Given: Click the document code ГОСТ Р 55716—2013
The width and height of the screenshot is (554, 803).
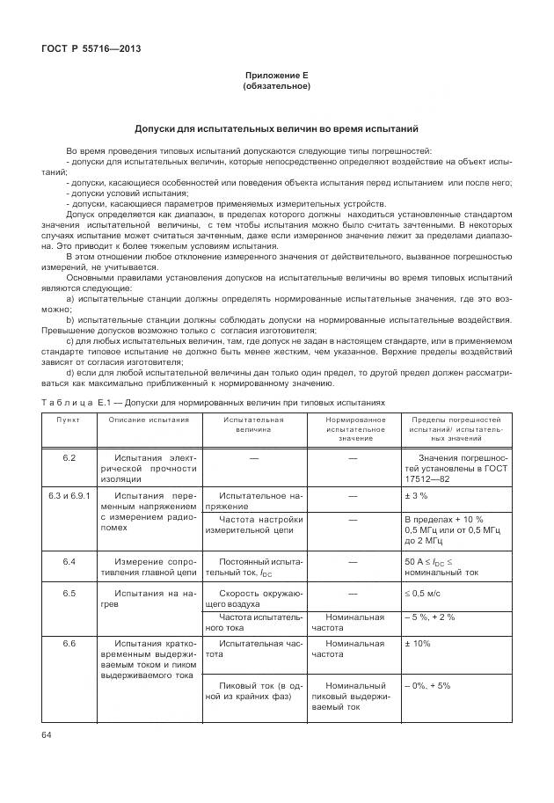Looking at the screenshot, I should click(x=91, y=49).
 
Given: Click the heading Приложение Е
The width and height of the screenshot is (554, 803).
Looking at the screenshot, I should click(x=276, y=76).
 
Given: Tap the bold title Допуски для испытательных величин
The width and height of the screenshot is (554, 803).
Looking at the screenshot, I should click(x=276, y=128).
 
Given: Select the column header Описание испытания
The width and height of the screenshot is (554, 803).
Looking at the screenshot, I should click(x=149, y=420).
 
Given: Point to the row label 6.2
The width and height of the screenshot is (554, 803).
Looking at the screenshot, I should click(x=69, y=458).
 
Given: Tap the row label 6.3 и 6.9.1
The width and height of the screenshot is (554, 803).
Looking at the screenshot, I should click(x=69, y=496).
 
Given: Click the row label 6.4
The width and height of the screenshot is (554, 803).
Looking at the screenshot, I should click(x=69, y=560).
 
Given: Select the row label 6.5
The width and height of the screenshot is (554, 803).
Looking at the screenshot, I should click(x=69, y=593).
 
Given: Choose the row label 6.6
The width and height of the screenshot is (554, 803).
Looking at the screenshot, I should click(x=69, y=644).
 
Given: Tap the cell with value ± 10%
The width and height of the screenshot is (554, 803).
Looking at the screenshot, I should click(x=418, y=644).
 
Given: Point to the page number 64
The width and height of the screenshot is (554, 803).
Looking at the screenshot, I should click(x=47, y=733).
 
